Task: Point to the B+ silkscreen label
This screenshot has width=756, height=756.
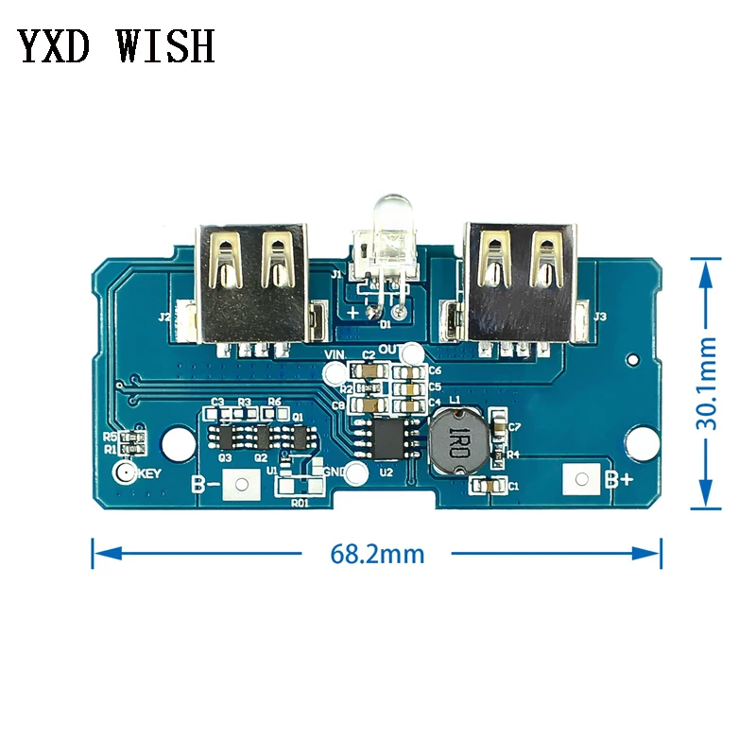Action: (x=620, y=480)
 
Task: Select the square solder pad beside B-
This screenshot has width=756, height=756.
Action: (x=244, y=486)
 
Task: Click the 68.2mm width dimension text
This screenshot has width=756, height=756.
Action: (x=377, y=554)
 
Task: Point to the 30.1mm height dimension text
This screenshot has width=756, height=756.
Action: (x=708, y=385)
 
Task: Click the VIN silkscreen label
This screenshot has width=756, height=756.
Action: (x=335, y=355)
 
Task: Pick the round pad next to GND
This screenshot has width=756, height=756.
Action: (x=355, y=473)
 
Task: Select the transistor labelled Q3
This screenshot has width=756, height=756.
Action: (x=225, y=437)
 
